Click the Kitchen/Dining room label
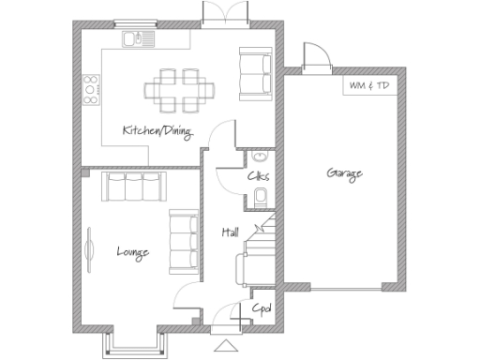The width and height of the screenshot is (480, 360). (x=157, y=132)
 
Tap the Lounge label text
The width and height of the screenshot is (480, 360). (x=131, y=251)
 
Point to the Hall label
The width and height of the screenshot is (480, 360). (x=230, y=232)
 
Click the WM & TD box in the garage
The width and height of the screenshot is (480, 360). (x=368, y=85)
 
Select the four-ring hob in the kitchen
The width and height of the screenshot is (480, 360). (x=92, y=89)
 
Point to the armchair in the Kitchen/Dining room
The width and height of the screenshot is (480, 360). (x=254, y=75)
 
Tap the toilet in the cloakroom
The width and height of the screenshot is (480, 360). (x=262, y=195)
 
